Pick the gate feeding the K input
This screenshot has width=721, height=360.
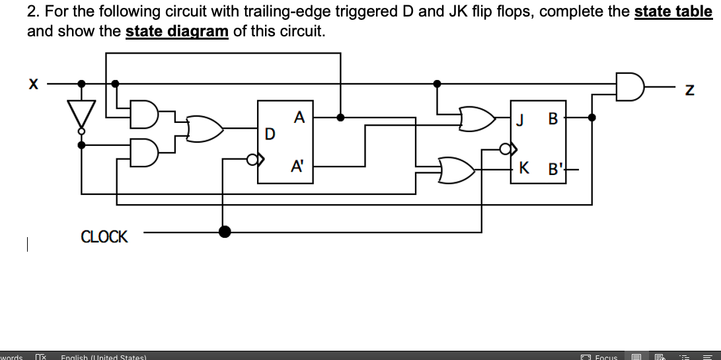click(457, 170)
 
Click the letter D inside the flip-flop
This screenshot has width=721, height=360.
click(269, 134)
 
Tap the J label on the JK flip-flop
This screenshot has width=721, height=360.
click(521, 120)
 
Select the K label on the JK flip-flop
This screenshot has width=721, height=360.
click(523, 168)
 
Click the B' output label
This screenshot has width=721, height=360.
click(553, 170)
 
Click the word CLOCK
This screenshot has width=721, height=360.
click(104, 236)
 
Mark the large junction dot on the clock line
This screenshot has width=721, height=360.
click(225, 231)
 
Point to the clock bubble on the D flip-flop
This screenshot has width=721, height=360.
click(252, 159)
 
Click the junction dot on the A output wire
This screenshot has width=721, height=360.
click(340, 118)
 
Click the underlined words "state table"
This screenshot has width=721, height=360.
click(673, 12)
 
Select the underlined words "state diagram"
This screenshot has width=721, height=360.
click(176, 32)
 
